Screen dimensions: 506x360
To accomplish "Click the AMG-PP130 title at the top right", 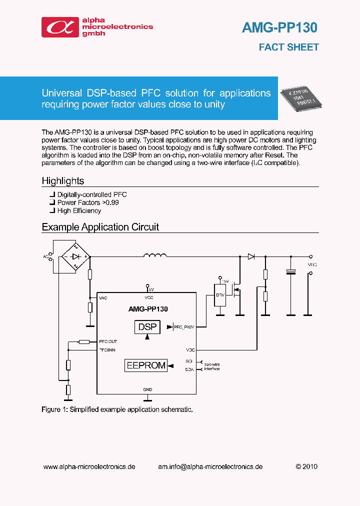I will tap(279, 28).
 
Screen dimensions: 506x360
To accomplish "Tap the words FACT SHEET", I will tap(288, 47).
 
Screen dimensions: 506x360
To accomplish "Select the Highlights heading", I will tap(63, 181).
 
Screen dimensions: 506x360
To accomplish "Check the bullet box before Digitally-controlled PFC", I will tap(52, 194).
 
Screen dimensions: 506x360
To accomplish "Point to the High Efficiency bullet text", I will tap(79, 210).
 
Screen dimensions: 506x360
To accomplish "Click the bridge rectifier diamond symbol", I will tap(75, 256).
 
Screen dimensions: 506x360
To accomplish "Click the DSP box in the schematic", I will tap(147, 327).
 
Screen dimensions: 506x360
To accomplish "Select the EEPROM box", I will tap(145, 365).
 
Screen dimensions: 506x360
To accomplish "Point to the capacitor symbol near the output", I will tap(290, 272).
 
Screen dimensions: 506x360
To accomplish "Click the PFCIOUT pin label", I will tap(108, 341).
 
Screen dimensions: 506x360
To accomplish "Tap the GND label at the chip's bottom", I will tap(147, 389).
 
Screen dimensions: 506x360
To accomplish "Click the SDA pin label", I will tap(189, 369).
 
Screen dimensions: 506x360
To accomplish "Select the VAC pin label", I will tap(103, 298).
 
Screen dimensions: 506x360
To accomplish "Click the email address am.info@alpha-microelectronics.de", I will tap(210, 466).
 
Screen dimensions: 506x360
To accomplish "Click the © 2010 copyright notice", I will tap(306, 466).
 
